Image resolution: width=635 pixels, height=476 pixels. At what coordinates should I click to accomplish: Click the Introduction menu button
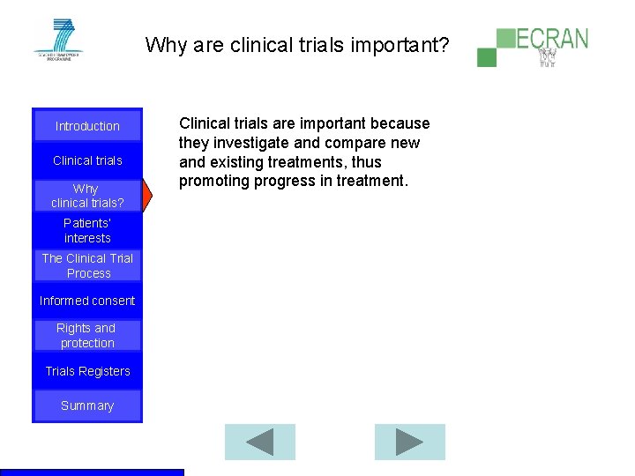point(87,126)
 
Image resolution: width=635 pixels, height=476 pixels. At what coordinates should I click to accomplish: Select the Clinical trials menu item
point(87,160)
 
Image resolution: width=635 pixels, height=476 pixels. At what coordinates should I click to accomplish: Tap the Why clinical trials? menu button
point(87,196)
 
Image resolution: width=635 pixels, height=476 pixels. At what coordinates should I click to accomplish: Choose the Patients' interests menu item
point(87,231)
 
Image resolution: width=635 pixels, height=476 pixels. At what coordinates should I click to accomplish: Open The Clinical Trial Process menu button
point(87,265)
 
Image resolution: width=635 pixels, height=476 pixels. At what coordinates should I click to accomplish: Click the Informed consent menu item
point(87,301)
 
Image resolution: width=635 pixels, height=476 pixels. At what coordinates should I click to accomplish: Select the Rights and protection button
point(87,335)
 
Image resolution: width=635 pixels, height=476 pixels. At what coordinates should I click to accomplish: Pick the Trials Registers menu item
point(87,371)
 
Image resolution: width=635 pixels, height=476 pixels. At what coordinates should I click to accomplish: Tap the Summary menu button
point(87,405)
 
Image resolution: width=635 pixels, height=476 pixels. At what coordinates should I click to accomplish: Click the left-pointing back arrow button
point(259,442)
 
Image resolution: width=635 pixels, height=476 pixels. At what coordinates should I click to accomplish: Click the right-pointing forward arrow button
point(409,442)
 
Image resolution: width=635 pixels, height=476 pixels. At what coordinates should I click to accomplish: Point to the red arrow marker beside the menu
point(147,196)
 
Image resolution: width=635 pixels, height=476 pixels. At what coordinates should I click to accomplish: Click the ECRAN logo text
point(552,40)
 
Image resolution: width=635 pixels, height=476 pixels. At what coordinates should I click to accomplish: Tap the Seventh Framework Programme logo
point(57,39)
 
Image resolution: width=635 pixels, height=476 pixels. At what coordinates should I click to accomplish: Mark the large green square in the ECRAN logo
point(505,38)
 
